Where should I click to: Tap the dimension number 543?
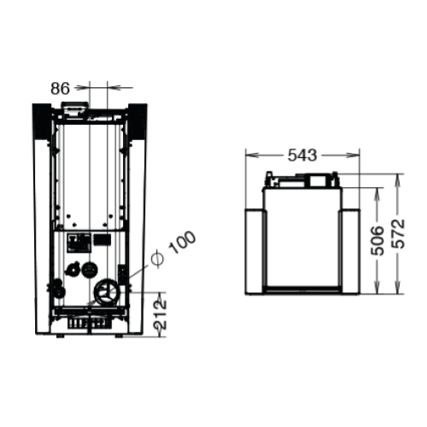tap(303, 155)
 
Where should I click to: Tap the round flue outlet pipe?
tap(108, 293)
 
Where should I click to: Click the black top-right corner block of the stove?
tap(137, 120)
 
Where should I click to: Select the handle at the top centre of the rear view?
tap(73, 109)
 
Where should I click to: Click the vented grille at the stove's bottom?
tap(89, 325)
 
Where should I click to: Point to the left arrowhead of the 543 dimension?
tap(249, 155)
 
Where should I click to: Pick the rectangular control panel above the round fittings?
tap(79, 243)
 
